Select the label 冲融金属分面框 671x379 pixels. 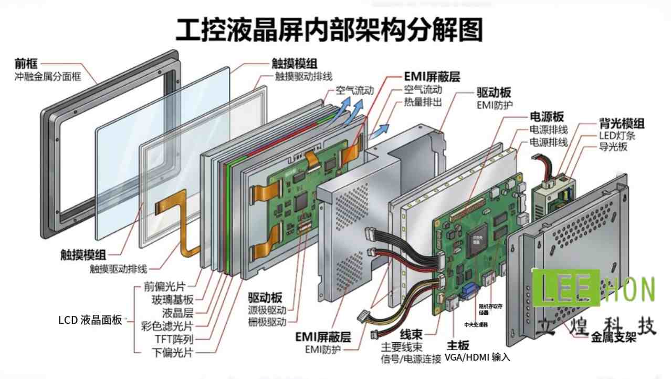tap(48, 77)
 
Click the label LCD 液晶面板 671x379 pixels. tap(90, 319)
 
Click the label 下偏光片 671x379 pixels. tap(172, 352)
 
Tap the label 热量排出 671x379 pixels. tap(423, 102)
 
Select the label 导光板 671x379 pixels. tap(613, 147)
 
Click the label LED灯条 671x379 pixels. tap(617, 136)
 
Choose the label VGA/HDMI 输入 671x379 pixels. tap(477, 357)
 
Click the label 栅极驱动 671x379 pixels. tap(268, 321)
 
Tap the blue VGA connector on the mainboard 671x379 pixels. tap(469, 289)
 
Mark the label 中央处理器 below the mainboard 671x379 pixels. tap(476, 325)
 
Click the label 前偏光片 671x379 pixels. tap(164, 287)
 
